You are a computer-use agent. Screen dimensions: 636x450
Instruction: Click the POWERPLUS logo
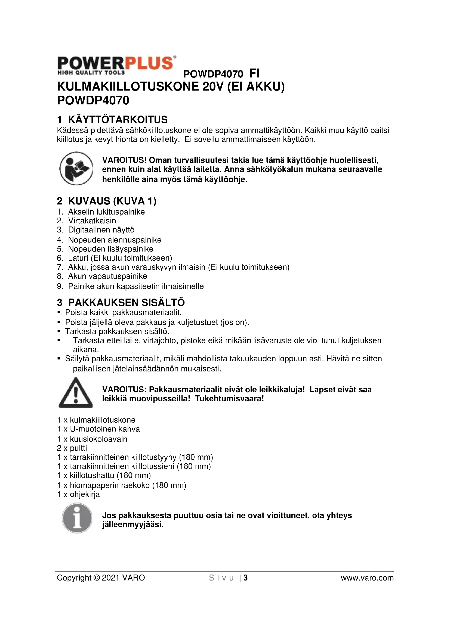(116, 65)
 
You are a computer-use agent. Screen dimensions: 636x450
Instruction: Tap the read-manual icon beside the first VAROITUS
(76, 168)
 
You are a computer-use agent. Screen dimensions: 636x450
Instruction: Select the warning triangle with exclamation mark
(76, 393)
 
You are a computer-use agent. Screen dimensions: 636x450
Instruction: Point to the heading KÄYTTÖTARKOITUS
(118, 120)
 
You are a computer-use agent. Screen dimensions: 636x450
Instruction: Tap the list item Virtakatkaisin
(92, 221)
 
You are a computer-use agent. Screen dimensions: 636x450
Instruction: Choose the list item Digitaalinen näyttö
(101, 230)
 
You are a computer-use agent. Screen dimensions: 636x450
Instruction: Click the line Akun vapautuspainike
(107, 276)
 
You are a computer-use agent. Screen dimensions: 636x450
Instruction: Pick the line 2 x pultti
(72, 448)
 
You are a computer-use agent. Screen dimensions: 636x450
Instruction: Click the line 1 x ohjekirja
(78, 494)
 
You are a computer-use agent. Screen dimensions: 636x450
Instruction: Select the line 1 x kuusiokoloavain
(92, 439)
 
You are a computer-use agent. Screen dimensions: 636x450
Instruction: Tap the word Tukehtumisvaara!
(229, 399)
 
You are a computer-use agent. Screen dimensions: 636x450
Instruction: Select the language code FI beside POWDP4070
(254, 74)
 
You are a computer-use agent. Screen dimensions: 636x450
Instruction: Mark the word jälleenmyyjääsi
(133, 525)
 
